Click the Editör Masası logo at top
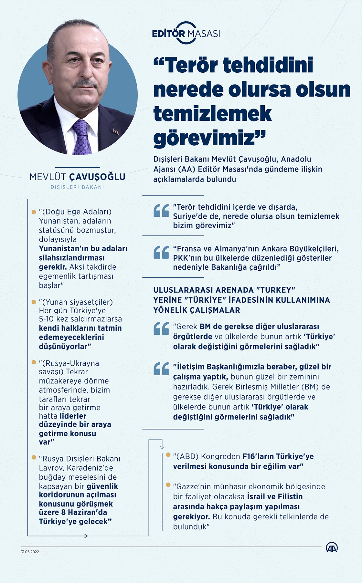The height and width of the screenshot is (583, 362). [x=186, y=33]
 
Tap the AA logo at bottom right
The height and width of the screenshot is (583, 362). [x=332, y=547]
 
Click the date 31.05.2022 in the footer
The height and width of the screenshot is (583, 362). [x=30, y=552]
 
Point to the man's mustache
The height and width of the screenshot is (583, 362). [x=85, y=84]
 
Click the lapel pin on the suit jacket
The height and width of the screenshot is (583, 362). [x=115, y=131]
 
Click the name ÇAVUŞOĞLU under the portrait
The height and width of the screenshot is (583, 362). [x=98, y=177]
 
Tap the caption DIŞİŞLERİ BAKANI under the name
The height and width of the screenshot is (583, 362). [x=77, y=187]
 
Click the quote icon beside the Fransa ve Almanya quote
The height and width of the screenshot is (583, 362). [x=161, y=252]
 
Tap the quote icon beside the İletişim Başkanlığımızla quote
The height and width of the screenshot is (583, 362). [x=161, y=369]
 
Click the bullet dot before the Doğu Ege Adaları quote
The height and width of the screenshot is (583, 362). [x=34, y=212]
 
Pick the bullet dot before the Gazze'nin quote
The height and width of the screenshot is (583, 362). [x=168, y=485]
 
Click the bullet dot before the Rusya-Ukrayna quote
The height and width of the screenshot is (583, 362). [x=34, y=362]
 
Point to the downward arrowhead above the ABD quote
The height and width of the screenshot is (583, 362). [x=162, y=447]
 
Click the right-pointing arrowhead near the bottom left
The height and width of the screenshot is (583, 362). [x=86, y=536]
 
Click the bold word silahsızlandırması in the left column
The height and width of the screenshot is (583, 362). [x=72, y=258]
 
